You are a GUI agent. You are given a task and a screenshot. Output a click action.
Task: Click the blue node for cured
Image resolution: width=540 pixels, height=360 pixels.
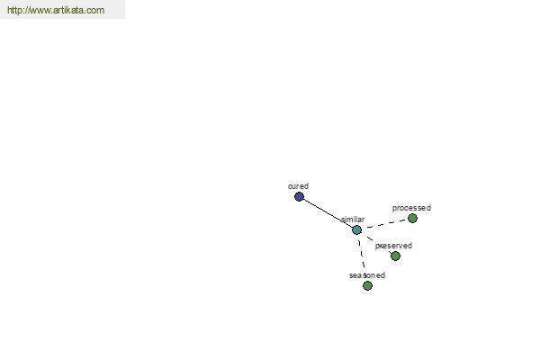(x=299, y=197)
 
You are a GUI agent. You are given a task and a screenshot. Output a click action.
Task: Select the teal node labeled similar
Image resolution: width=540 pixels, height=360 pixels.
(x=356, y=229)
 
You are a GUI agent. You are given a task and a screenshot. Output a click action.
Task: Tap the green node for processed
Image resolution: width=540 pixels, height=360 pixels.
(x=412, y=218)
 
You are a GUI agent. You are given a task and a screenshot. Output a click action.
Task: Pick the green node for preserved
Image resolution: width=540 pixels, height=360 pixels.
(x=395, y=256)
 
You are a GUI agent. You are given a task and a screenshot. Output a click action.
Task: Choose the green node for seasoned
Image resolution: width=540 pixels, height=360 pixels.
(x=367, y=285)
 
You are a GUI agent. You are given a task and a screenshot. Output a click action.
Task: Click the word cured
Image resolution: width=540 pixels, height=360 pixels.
(x=298, y=186)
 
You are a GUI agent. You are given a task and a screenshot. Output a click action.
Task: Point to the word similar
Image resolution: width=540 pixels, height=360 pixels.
(x=353, y=220)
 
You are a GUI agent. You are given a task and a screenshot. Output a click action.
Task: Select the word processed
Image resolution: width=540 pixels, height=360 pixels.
(x=411, y=208)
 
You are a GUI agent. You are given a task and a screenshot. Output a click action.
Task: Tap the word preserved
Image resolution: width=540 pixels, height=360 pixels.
(x=393, y=246)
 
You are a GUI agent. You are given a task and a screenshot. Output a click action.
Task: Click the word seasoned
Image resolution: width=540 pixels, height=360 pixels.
(x=367, y=275)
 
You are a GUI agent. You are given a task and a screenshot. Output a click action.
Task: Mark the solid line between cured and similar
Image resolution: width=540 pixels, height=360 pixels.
(x=328, y=213)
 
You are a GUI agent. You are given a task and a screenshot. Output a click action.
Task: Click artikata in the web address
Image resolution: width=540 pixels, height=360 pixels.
(x=68, y=10)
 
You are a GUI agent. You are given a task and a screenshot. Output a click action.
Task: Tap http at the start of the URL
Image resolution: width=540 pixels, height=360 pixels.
(x=13, y=10)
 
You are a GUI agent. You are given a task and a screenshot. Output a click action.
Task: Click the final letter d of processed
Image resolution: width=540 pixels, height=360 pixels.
(x=428, y=208)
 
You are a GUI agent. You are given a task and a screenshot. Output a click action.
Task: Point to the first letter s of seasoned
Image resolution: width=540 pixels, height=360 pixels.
(x=351, y=275)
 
